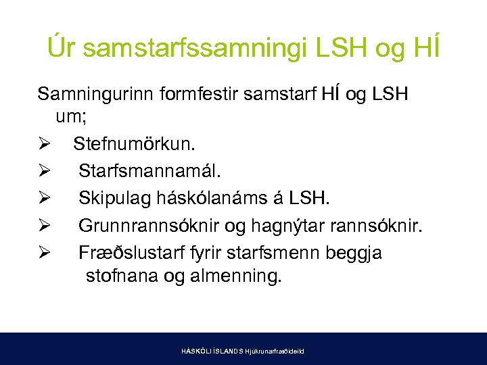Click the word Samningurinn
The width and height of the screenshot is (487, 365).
(x=96, y=94)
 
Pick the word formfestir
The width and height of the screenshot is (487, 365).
(x=194, y=94)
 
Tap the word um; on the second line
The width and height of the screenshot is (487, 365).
(x=72, y=118)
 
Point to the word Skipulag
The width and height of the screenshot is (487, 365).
(x=112, y=198)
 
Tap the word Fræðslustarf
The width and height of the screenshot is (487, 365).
(x=124, y=252)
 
